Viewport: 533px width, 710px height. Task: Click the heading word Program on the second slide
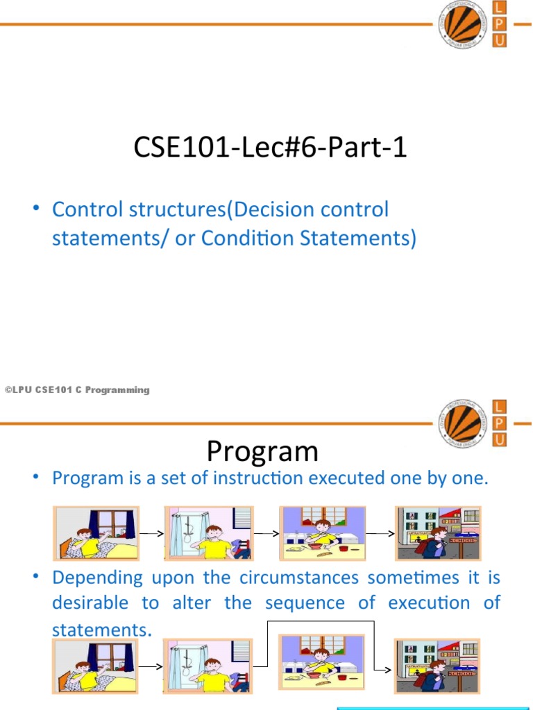[262, 451]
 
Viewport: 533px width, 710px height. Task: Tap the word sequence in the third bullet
[303, 603]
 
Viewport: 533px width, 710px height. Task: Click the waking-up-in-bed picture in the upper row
[97, 533]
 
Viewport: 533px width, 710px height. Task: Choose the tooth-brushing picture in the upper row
[206, 533]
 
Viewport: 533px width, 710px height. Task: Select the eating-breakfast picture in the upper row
[322, 533]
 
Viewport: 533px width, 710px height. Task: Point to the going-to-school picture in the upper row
[437, 533]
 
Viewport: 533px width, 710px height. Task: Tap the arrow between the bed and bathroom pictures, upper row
[151, 535]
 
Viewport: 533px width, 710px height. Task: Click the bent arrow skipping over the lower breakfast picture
[321, 623]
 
